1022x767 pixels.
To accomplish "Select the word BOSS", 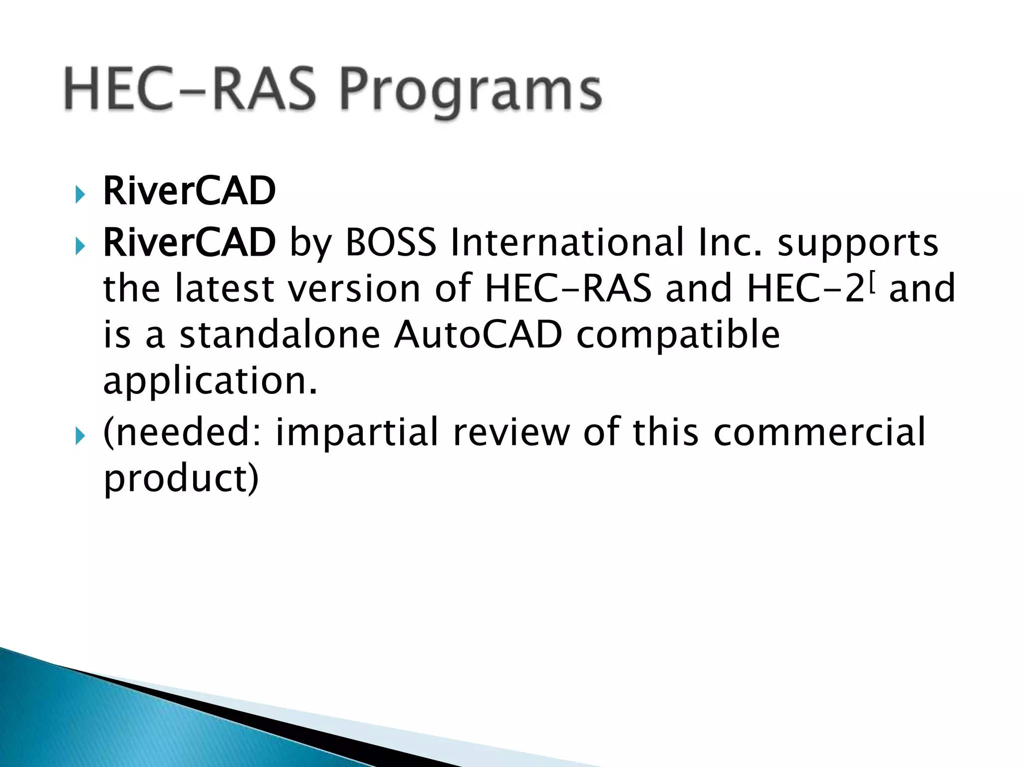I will pyautogui.click(x=391, y=243).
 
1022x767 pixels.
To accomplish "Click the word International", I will pyautogui.click(x=567, y=243).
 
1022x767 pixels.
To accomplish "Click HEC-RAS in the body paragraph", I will pyautogui.click(x=568, y=289).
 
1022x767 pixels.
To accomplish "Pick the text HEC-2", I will pyautogui.click(x=805, y=289).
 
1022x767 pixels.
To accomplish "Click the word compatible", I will pyautogui.click(x=678, y=336).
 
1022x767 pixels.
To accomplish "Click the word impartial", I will pyautogui.click(x=357, y=432).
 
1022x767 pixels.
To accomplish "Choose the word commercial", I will pyautogui.click(x=819, y=432).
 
